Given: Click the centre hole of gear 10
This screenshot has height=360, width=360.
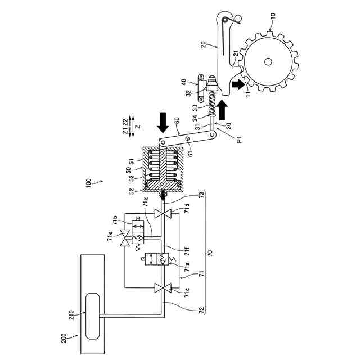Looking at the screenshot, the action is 268,61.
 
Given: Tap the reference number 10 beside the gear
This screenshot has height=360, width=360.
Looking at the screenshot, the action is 272,16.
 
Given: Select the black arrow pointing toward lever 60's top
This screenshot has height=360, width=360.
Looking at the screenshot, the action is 163,123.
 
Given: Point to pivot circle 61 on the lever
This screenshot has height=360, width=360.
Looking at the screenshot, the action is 187,139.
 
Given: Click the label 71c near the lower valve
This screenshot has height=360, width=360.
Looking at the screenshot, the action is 187,293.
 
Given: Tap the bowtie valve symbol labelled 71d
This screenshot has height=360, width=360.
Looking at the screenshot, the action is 163,214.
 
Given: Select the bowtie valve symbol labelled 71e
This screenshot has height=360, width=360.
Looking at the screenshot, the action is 125,238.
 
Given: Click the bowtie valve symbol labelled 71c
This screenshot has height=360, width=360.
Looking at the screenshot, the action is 163,288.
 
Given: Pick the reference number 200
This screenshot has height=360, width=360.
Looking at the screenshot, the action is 64,338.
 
